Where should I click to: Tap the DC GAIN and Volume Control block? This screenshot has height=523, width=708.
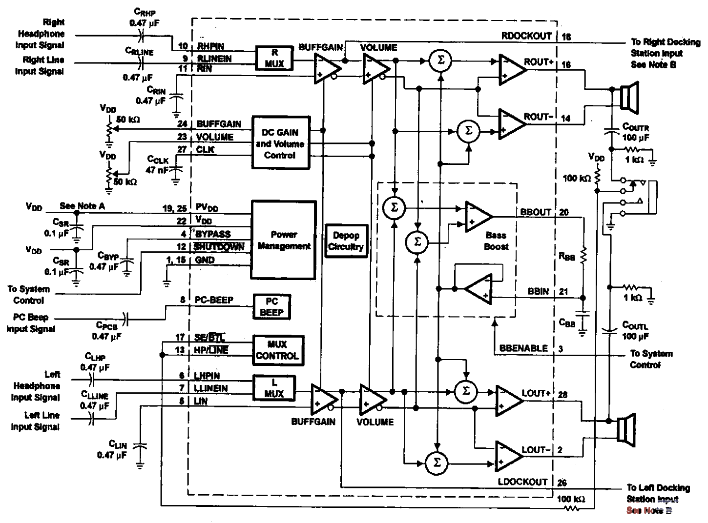click(280, 143)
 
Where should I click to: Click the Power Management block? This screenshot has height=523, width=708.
click(284, 241)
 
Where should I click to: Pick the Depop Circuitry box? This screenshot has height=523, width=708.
click(346, 241)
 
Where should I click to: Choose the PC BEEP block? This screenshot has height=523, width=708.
click(272, 306)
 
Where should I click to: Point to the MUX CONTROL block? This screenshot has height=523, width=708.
click(277, 350)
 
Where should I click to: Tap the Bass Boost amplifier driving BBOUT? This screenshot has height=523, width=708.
click(478, 217)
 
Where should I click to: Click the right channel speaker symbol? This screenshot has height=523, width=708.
click(627, 97)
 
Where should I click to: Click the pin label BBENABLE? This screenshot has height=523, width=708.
click(523, 348)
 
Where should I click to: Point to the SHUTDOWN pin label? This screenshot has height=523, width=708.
click(219, 247)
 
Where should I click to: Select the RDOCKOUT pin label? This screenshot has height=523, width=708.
click(526, 36)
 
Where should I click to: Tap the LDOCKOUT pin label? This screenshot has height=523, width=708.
click(522, 482)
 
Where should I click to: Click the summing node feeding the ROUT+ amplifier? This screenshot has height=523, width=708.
click(440, 60)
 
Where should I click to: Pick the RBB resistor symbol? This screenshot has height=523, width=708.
click(583, 256)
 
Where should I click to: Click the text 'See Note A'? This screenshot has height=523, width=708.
click(82, 206)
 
